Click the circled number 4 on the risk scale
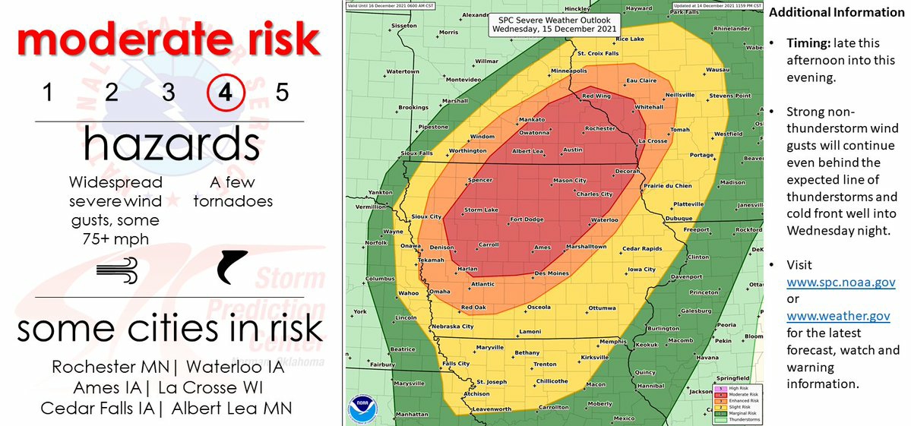pos(226,93)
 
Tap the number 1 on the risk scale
pos(47,93)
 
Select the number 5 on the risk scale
pos(283,93)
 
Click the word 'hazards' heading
pos(170,144)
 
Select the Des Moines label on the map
pos(552,273)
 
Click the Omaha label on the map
pos(439,292)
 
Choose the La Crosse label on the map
pos(652,140)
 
